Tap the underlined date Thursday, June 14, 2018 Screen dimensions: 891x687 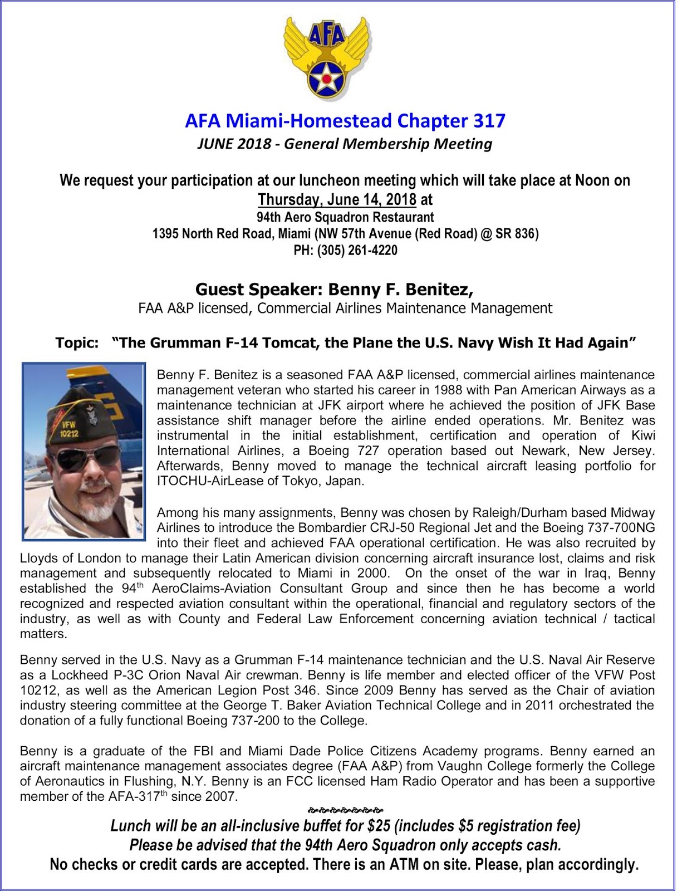coord(337,199)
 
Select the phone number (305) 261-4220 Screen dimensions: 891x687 coord(357,251)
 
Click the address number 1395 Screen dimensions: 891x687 coord(166,234)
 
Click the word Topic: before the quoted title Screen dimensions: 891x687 coord(77,342)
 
